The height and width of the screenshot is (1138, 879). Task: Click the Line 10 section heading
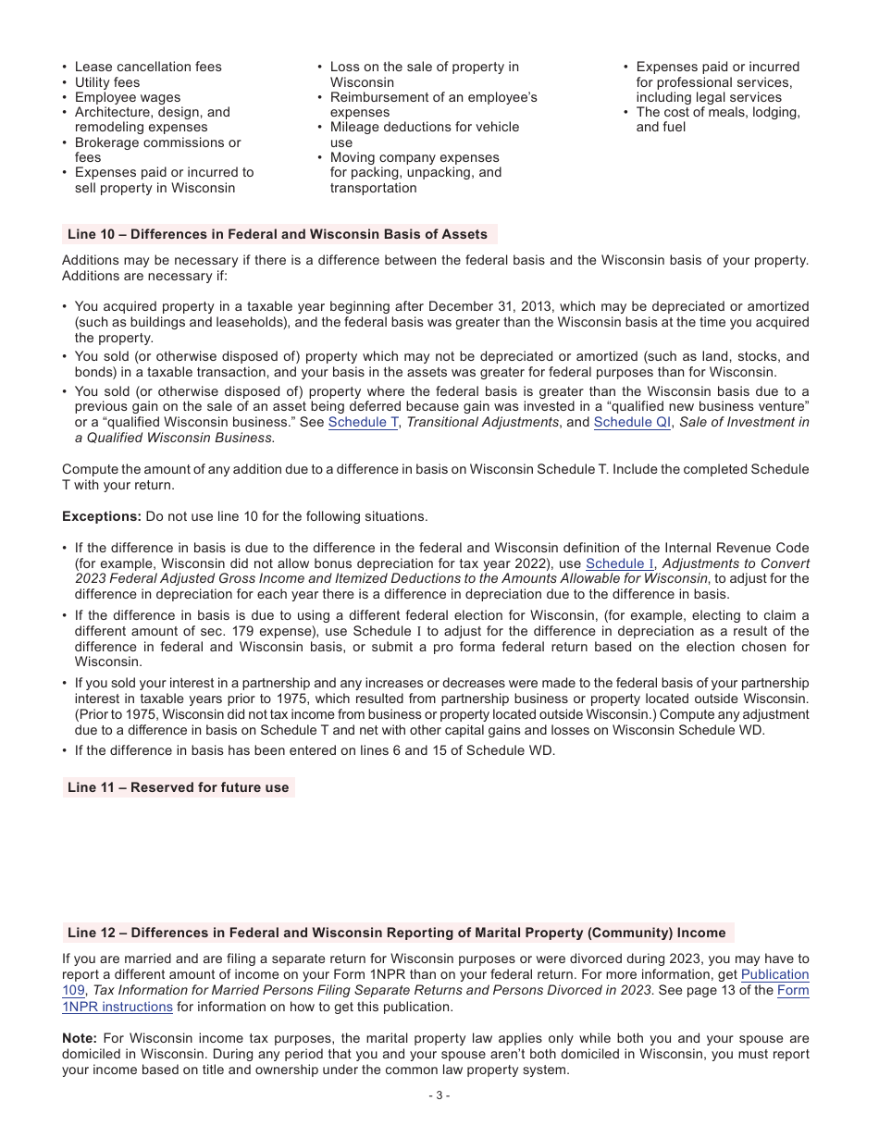[277, 234]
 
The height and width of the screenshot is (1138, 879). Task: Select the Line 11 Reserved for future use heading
[178, 787]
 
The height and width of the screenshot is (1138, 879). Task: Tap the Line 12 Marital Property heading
[396, 933]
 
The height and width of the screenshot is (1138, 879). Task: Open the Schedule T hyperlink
[363, 423]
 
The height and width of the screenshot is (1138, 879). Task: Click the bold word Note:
[80, 1038]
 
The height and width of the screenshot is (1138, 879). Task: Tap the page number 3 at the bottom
[439, 1095]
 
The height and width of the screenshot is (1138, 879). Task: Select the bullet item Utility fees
[107, 82]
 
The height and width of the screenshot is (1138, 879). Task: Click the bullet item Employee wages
[128, 97]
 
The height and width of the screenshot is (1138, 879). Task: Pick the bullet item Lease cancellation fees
[148, 67]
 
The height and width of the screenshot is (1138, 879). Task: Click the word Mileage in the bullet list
[356, 127]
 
